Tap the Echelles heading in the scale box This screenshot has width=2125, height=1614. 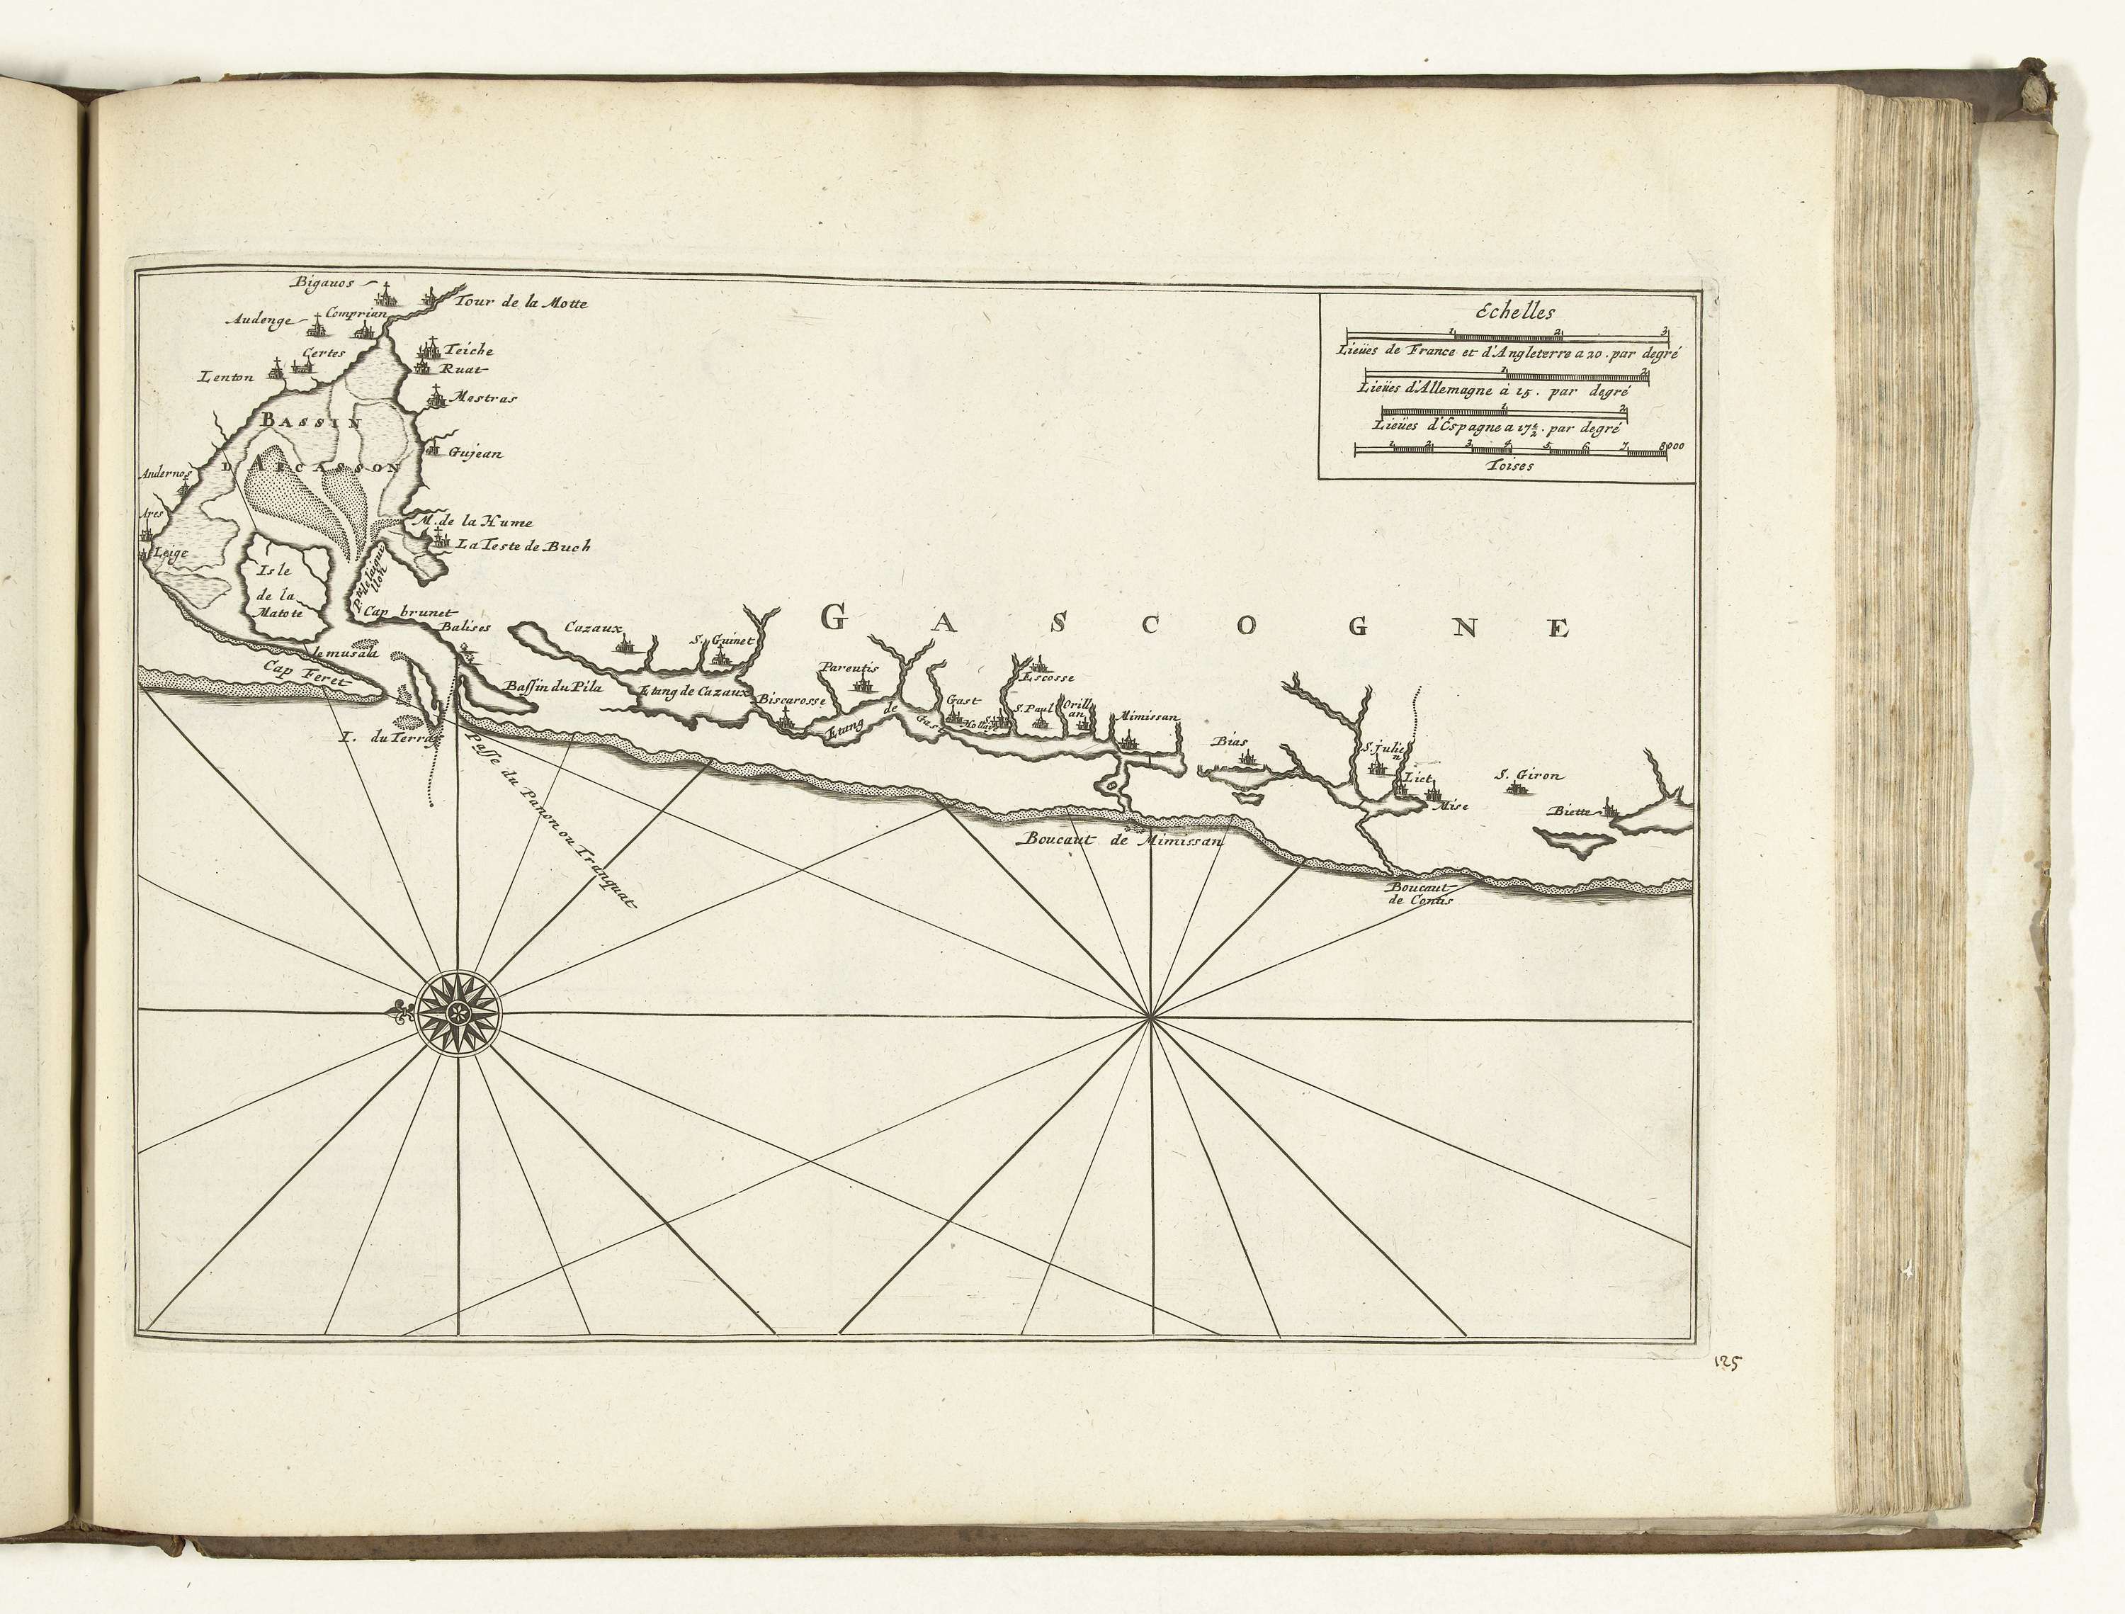click(x=1507, y=311)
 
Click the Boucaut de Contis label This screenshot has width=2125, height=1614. click(x=1420, y=893)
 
